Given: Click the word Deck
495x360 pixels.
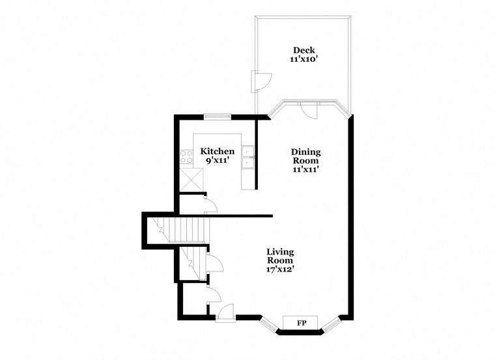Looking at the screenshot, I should (304, 50).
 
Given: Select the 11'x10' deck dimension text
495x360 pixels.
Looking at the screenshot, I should (304, 59).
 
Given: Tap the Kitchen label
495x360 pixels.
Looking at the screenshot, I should (217, 151).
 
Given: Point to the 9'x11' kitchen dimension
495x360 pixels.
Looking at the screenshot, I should (217, 159).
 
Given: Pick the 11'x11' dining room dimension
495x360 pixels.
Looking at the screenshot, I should (305, 169).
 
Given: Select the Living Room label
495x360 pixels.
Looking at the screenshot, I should (281, 256).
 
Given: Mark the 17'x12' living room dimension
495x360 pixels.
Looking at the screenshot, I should (281, 268).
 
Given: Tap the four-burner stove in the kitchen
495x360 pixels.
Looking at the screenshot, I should (186, 157).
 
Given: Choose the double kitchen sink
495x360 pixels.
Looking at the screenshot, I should (248, 158).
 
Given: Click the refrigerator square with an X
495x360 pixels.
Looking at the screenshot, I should (191, 177).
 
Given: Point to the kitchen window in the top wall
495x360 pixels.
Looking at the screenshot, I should (217, 117).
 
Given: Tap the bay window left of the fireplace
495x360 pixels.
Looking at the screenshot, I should (268, 323).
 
